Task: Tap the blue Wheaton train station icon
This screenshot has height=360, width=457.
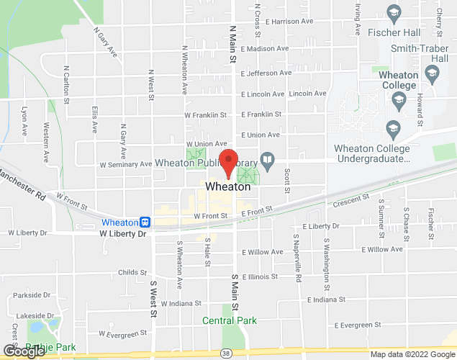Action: click(145, 222)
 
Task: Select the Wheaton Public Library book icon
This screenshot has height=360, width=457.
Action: click(267, 159)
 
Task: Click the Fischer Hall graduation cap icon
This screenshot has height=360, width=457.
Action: click(393, 12)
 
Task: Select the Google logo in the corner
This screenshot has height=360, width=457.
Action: click(24, 351)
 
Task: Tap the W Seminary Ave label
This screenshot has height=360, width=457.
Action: click(125, 163)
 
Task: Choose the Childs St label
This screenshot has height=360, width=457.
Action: click(132, 273)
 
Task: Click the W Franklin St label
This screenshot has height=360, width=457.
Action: click(205, 114)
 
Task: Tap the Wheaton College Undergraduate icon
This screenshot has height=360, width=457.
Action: click(393, 129)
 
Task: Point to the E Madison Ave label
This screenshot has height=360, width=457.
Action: click(265, 49)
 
